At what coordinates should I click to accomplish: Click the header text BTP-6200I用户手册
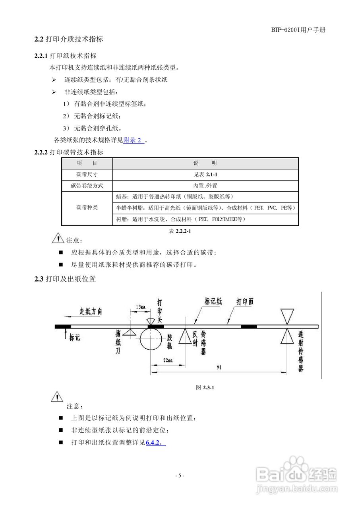[298, 30]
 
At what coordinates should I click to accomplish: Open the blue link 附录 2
[134, 140]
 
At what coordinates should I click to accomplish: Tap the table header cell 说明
[205, 163]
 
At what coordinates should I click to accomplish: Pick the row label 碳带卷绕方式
[87, 186]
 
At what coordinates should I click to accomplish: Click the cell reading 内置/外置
[205, 186]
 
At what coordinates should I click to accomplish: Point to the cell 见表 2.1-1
[205, 175]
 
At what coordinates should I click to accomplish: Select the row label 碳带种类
[87, 208]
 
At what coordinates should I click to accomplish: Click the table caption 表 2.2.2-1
[180, 231]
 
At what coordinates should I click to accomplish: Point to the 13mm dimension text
[140, 307]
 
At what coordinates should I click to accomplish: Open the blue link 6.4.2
[155, 442]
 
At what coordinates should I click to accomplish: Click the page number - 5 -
[180, 476]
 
